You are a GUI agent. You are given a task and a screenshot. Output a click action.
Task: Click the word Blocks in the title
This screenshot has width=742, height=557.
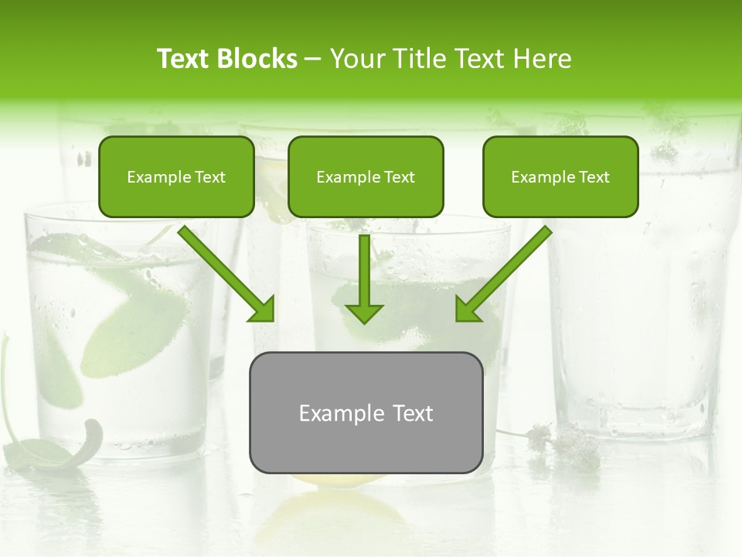pos(258,59)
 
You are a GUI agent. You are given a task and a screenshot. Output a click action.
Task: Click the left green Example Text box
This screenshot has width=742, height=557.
pos(176,176)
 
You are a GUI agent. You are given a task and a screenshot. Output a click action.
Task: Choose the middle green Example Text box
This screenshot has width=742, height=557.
pos(366,176)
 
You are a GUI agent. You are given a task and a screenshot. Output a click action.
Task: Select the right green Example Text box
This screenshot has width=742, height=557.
pos(560,176)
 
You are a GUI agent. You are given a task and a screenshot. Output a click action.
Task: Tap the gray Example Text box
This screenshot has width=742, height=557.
pos(366,412)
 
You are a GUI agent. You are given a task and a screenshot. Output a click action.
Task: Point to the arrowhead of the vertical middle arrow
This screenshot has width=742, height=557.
pos(364,313)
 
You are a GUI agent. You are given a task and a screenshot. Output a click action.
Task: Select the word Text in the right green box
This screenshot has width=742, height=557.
pos(594,177)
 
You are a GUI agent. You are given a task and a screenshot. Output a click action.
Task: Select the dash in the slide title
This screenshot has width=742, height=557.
pos(314,59)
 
